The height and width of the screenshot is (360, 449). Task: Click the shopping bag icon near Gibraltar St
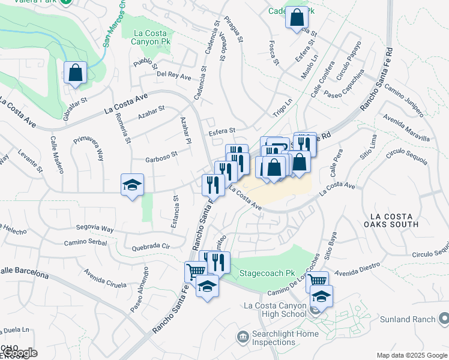(76, 73)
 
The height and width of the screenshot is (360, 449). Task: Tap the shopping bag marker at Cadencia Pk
(297, 18)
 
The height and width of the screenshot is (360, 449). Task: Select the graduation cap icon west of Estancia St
(132, 185)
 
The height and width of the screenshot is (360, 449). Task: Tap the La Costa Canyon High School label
(276, 310)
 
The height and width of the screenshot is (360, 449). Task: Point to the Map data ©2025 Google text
(412, 355)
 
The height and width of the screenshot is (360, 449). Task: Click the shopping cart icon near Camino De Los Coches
(317, 281)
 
